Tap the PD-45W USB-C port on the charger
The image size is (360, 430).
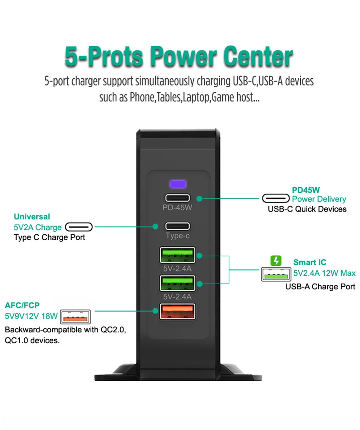pos(178,198)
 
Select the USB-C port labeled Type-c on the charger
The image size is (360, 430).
pos(178,226)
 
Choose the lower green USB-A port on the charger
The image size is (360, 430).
pos(178,283)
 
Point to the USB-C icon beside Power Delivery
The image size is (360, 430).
pos(276,199)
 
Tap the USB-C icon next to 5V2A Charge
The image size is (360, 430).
pos(79,227)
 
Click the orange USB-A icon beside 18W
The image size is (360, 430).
pos(76,316)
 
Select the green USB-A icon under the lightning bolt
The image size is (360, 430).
pos(276,274)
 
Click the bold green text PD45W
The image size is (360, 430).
pos(306,190)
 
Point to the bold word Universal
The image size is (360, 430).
pos(32,217)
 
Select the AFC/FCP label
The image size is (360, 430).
pos(22,306)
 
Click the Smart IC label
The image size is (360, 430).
pos(310,262)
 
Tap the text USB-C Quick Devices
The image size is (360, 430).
pos(307,209)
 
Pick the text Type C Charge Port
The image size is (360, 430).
pos(49,237)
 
